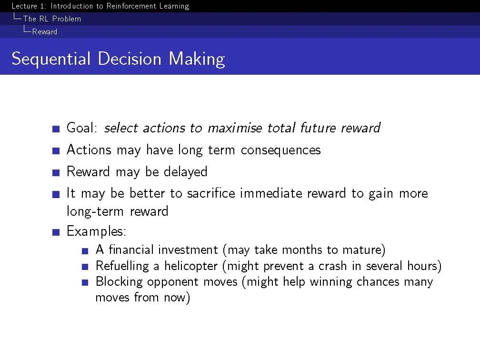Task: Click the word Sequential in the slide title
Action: (x=51, y=59)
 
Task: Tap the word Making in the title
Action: (x=197, y=59)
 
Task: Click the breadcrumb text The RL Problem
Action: (x=52, y=19)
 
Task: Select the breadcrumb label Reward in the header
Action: (x=45, y=31)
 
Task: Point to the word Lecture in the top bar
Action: (x=24, y=6)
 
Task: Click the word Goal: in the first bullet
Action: (x=82, y=128)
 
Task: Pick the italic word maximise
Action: (x=235, y=128)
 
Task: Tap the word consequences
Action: (x=281, y=150)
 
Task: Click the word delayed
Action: (x=186, y=171)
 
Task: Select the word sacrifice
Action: (x=211, y=193)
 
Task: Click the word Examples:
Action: (x=96, y=231)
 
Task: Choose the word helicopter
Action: (x=191, y=266)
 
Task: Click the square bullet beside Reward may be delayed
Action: (x=56, y=173)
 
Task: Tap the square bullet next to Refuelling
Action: (x=85, y=267)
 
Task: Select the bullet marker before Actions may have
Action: (x=56, y=151)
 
